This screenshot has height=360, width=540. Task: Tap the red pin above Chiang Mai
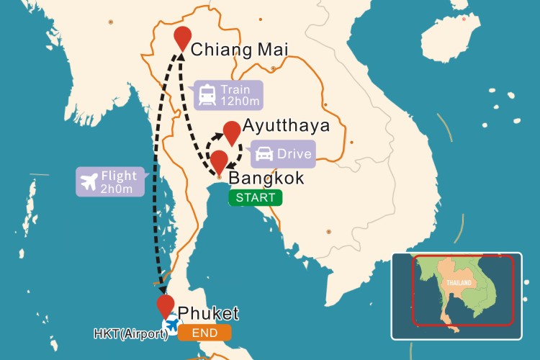(183, 38)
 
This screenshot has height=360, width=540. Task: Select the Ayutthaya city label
(287, 126)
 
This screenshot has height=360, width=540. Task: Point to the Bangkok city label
(266, 178)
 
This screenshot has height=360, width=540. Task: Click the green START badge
(255, 197)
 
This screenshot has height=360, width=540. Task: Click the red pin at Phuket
(166, 306)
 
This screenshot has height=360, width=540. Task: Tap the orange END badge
(205, 333)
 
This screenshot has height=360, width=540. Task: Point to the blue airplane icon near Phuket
(173, 323)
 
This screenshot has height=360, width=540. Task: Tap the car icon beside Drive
(264, 153)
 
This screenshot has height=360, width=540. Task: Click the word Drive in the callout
(294, 153)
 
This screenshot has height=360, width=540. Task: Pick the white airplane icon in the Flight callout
(91, 181)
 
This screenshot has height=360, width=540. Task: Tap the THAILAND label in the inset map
(458, 283)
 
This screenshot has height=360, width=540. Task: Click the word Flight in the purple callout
(120, 175)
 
